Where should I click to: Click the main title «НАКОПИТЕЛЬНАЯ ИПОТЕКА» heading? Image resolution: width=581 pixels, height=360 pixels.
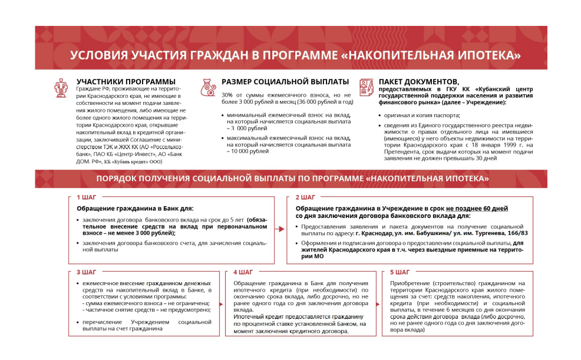pyautogui.click(x=295, y=55)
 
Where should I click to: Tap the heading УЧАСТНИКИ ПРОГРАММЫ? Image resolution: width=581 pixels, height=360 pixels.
pyautogui.click(x=126, y=81)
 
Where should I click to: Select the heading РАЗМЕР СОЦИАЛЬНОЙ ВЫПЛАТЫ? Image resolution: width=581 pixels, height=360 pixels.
pyautogui.click(x=285, y=81)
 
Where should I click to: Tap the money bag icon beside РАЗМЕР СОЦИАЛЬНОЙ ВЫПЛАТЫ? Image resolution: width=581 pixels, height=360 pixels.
pyautogui.click(x=209, y=87)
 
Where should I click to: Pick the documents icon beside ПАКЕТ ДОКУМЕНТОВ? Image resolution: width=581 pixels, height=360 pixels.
pyautogui.click(x=367, y=87)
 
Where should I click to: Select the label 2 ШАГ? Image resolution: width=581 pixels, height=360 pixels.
pyautogui.click(x=305, y=197)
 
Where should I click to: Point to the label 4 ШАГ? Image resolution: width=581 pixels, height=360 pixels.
pyautogui.click(x=243, y=272)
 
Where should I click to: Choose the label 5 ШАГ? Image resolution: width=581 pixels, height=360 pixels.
pyautogui.click(x=400, y=272)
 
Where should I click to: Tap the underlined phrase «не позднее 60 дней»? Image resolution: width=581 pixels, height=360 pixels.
pyautogui.click(x=477, y=209)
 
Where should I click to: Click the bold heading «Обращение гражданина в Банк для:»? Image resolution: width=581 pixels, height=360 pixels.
pyautogui.click(x=135, y=209)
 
